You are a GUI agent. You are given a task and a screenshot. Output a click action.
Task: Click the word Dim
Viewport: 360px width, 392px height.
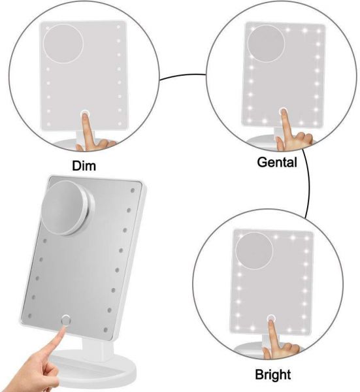[84, 166]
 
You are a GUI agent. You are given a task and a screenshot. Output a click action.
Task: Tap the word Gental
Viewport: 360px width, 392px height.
[277, 162]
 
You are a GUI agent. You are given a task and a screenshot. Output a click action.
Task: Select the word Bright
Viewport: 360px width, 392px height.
[272, 374]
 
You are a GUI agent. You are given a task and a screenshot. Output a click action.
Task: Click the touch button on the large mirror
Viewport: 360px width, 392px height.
[65, 320]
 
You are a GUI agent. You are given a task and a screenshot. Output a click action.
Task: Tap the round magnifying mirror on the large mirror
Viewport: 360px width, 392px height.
[67, 208]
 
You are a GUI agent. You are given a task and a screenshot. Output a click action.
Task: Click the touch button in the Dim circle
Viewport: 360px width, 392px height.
[85, 114]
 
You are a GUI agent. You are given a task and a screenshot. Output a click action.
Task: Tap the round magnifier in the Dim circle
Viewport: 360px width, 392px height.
[63, 44]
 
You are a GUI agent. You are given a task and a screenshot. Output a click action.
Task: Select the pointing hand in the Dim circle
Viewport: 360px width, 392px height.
[93, 135]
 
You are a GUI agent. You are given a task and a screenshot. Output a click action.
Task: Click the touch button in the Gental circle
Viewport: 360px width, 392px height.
[283, 112]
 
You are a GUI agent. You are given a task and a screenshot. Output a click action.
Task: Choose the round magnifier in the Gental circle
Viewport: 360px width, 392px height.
[267, 44]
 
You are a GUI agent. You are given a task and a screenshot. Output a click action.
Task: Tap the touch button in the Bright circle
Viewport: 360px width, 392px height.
[271, 319]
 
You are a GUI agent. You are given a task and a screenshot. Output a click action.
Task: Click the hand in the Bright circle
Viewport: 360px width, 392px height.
[280, 341]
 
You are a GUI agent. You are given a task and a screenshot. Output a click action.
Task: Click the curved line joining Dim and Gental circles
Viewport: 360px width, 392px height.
[183, 75]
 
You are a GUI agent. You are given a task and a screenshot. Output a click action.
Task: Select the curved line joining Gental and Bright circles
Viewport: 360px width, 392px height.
[308, 184]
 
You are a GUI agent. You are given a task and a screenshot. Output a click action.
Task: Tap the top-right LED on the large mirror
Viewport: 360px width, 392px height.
[133, 191]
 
